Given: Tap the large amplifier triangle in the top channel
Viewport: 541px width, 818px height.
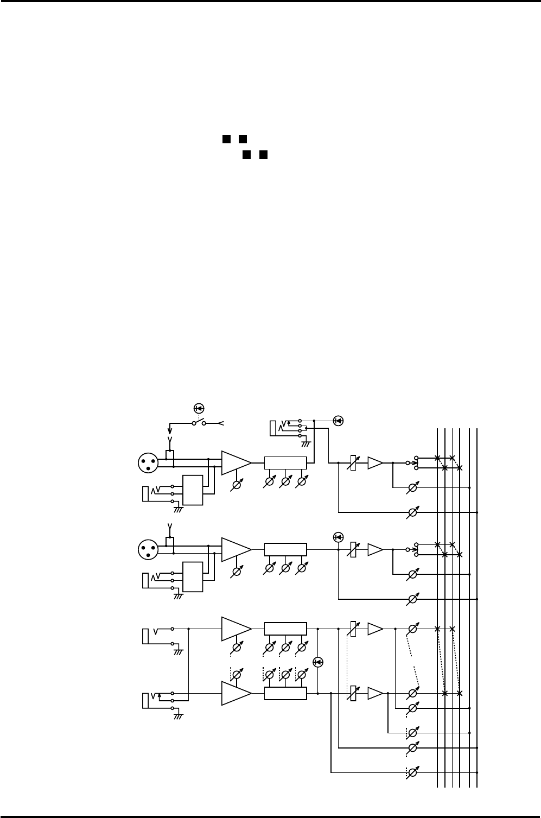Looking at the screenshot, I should [x=236, y=463].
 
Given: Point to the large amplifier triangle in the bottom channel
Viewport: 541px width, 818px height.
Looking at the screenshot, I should [x=236, y=693].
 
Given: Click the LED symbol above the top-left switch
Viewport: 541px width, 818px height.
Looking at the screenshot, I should [x=199, y=408].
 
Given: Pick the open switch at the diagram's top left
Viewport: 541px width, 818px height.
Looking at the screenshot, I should [x=199, y=422].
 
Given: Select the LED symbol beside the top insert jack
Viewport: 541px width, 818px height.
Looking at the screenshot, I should [x=339, y=420].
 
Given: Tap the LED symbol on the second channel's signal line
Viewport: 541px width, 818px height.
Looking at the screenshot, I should [x=339, y=537].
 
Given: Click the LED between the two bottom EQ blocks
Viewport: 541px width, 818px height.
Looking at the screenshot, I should [x=319, y=662].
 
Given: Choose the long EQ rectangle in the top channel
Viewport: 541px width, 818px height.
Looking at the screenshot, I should [x=285, y=463].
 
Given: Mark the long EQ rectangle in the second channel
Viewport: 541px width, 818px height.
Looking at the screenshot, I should [x=285, y=549].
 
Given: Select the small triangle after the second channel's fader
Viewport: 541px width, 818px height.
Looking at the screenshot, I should [x=374, y=549].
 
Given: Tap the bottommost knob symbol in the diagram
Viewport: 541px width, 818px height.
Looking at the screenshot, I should [x=412, y=772].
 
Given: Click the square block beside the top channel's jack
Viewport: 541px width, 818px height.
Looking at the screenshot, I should [x=192, y=490].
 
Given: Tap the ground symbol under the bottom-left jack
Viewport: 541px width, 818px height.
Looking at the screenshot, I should [x=178, y=715].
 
